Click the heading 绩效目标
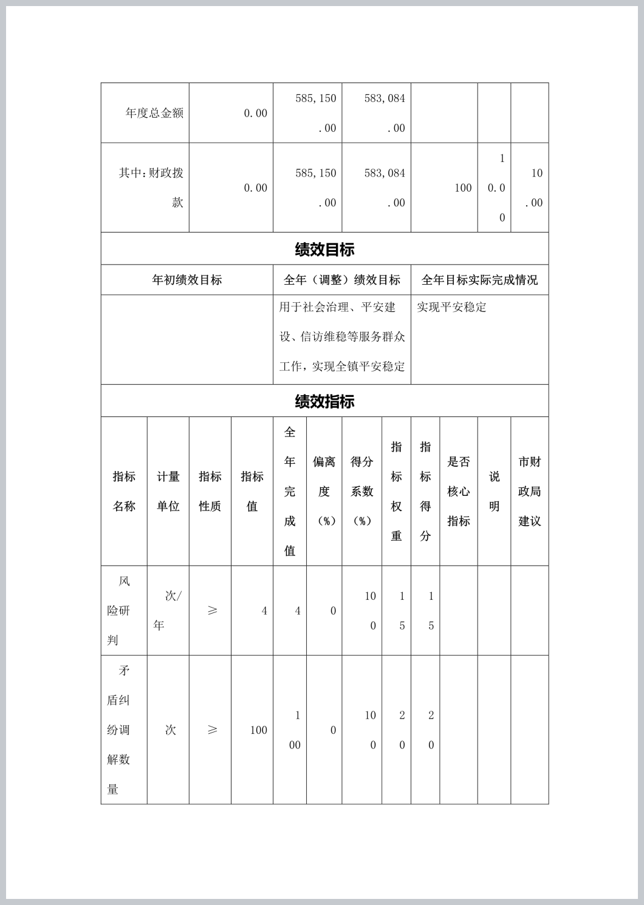324,249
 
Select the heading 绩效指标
324,401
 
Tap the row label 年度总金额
154,113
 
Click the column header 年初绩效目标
187,280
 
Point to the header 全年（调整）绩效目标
342,280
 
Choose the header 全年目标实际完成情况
479,280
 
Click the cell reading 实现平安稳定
451,307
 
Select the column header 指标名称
124,491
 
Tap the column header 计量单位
168,491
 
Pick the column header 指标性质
210,491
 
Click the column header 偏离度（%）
324,491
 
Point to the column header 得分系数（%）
362,491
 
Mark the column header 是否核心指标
459,491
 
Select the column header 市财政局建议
529,491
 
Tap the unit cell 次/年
168,611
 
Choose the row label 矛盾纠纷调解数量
118,730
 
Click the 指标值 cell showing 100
258,730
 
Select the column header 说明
495,491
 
